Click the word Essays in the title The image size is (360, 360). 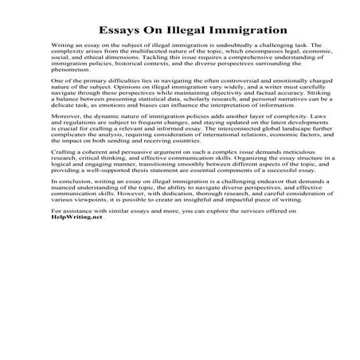pos(120,31)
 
